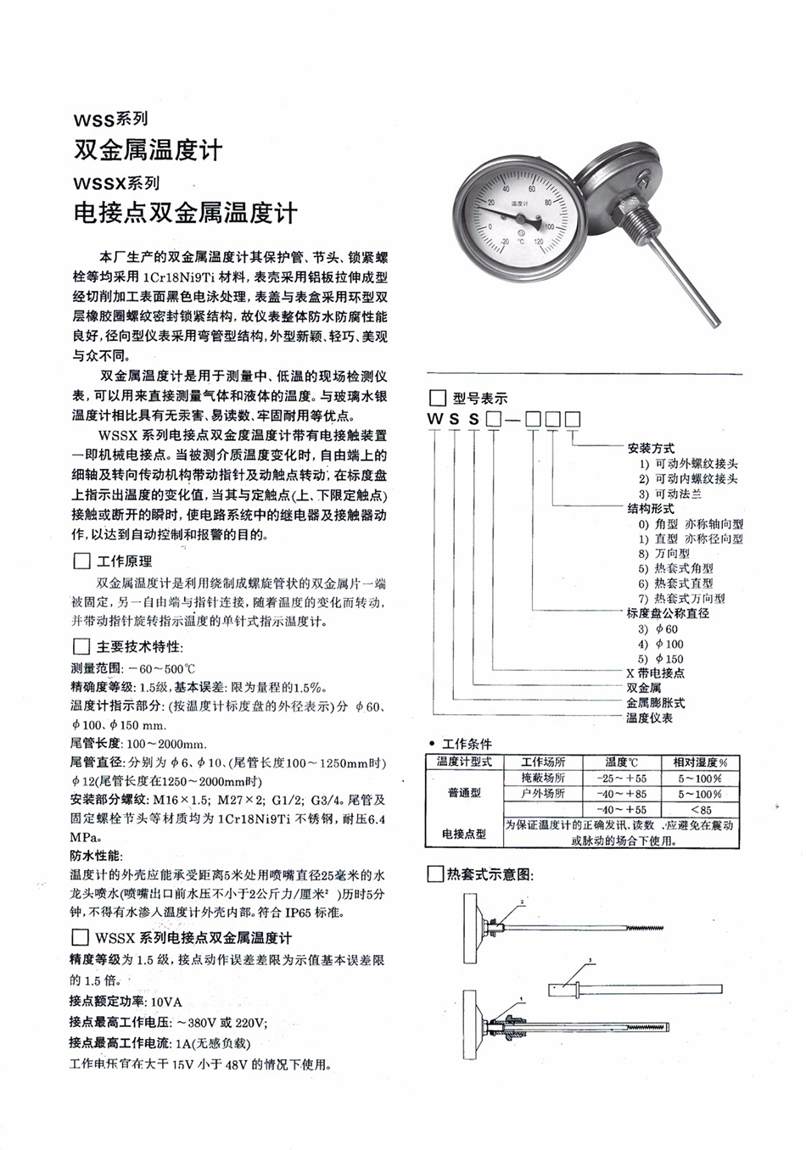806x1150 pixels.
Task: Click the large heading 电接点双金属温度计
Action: (186, 212)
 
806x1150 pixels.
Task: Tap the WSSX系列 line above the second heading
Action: (116, 182)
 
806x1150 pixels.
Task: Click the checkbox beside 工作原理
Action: (81, 561)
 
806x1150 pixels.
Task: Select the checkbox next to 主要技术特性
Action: (81, 646)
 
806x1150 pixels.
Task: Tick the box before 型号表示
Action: (437, 398)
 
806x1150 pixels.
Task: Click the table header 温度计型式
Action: (463, 762)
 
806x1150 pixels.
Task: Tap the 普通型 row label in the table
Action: (463, 794)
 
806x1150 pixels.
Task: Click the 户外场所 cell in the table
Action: (543, 794)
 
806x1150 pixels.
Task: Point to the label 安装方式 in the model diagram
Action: (651, 449)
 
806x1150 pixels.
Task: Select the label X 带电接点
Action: (655, 673)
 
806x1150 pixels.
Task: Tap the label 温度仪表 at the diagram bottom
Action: (649, 717)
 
